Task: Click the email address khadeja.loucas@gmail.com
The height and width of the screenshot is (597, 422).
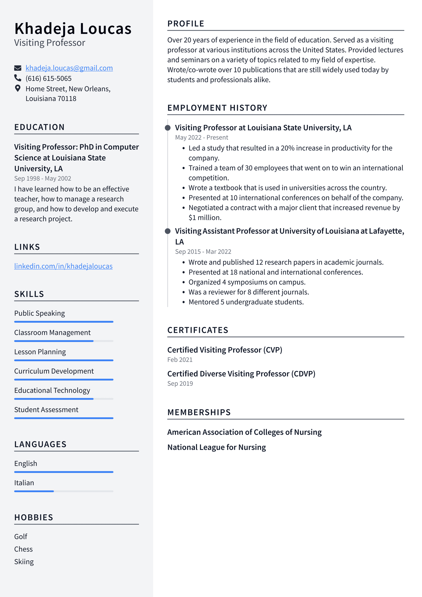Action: click(x=69, y=68)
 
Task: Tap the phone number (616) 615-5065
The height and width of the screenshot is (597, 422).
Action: click(x=49, y=78)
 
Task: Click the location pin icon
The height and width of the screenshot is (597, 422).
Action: click(x=18, y=88)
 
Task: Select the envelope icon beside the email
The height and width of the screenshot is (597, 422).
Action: click(x=18, y=68)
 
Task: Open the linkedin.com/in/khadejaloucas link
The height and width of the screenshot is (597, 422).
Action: click(x=63, y=266)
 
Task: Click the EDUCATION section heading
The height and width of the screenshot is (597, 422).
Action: click(x=39, y=127)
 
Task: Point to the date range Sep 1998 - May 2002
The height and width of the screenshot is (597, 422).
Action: click(x=43, y=178)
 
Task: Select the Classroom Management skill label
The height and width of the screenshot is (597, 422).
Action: click(x=52, y=332)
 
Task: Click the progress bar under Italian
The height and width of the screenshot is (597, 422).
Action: click(x=64, y=491)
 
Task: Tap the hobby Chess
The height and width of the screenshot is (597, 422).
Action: click(x=23, y=549)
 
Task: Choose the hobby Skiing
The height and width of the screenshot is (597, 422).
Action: click(x=24, y=562)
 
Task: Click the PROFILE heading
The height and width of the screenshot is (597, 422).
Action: click(x=186, y=24)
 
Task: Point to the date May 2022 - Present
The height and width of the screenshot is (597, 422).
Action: click(x=202, y=138)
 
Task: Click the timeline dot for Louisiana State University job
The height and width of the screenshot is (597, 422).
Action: click(x=168, y=128)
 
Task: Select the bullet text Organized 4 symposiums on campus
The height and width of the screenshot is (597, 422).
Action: click(x=247, y=282)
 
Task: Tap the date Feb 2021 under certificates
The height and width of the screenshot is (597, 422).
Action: click(x=180, y=360)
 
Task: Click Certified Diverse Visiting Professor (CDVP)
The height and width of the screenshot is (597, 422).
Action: click(x=241, y=374)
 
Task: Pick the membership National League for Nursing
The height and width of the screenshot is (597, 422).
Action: click(x=217, y=447)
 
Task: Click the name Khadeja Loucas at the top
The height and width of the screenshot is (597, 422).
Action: click(x=73, y=29)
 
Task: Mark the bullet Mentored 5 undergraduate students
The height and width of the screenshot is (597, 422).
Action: click(x=246, y=302)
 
